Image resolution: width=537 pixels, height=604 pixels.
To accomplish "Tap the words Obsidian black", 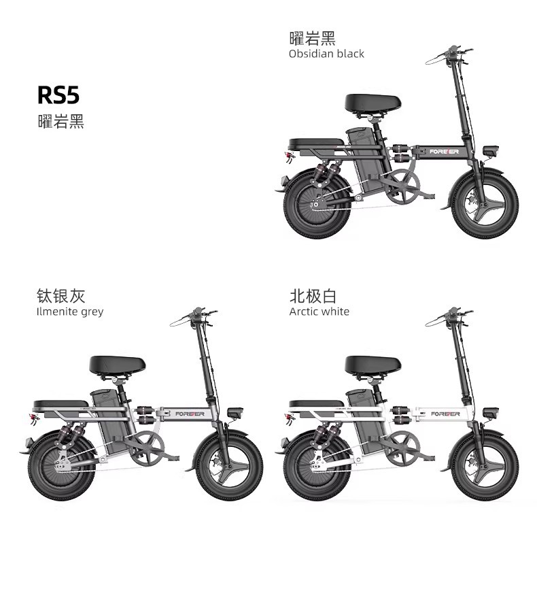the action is click(326, 54).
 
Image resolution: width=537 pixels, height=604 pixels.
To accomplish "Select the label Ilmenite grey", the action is click(69, 312).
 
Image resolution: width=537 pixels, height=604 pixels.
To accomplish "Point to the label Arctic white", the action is click(319, 312).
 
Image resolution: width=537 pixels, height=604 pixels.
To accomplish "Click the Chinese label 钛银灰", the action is click(60, 295).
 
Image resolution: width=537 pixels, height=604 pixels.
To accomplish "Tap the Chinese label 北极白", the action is click(313, 295).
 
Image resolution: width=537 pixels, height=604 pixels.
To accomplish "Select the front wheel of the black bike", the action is click(485, 205).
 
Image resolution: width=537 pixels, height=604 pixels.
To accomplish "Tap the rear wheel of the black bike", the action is click(317, 205).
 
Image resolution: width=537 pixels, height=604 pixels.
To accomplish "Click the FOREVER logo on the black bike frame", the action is click(445, 150).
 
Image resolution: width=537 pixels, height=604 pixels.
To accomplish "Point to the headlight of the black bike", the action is click(488, 150).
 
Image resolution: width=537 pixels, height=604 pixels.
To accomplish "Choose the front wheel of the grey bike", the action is click(229, 469).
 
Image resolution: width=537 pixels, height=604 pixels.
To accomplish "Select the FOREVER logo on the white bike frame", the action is click(445, 414).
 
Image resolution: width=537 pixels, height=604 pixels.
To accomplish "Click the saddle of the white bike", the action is click(372, 365).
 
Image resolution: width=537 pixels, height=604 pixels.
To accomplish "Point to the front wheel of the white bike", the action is click(485, 469).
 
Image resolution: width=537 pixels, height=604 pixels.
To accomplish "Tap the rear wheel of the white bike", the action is click(317, 469).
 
